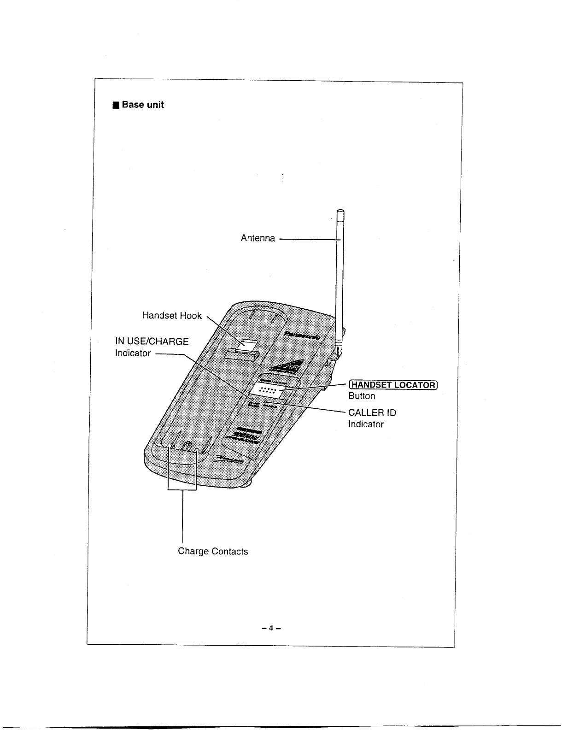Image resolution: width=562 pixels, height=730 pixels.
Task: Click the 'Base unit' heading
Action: [142, 105]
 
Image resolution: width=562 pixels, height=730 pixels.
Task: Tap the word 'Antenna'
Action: [258, 238]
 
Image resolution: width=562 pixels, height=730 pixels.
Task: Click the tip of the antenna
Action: [340, 212]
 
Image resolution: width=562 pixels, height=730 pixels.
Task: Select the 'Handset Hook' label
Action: [172, 316]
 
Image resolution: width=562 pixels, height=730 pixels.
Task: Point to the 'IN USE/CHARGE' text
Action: [152, 341]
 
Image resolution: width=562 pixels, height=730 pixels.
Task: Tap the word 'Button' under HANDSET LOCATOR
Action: [362, 396]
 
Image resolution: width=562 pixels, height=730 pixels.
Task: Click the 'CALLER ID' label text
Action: [372, 412]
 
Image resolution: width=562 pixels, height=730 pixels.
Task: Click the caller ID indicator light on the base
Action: [266, 403]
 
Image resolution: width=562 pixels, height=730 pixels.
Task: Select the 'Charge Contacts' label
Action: [213, 552]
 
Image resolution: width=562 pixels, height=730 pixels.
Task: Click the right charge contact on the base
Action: [197, 450]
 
